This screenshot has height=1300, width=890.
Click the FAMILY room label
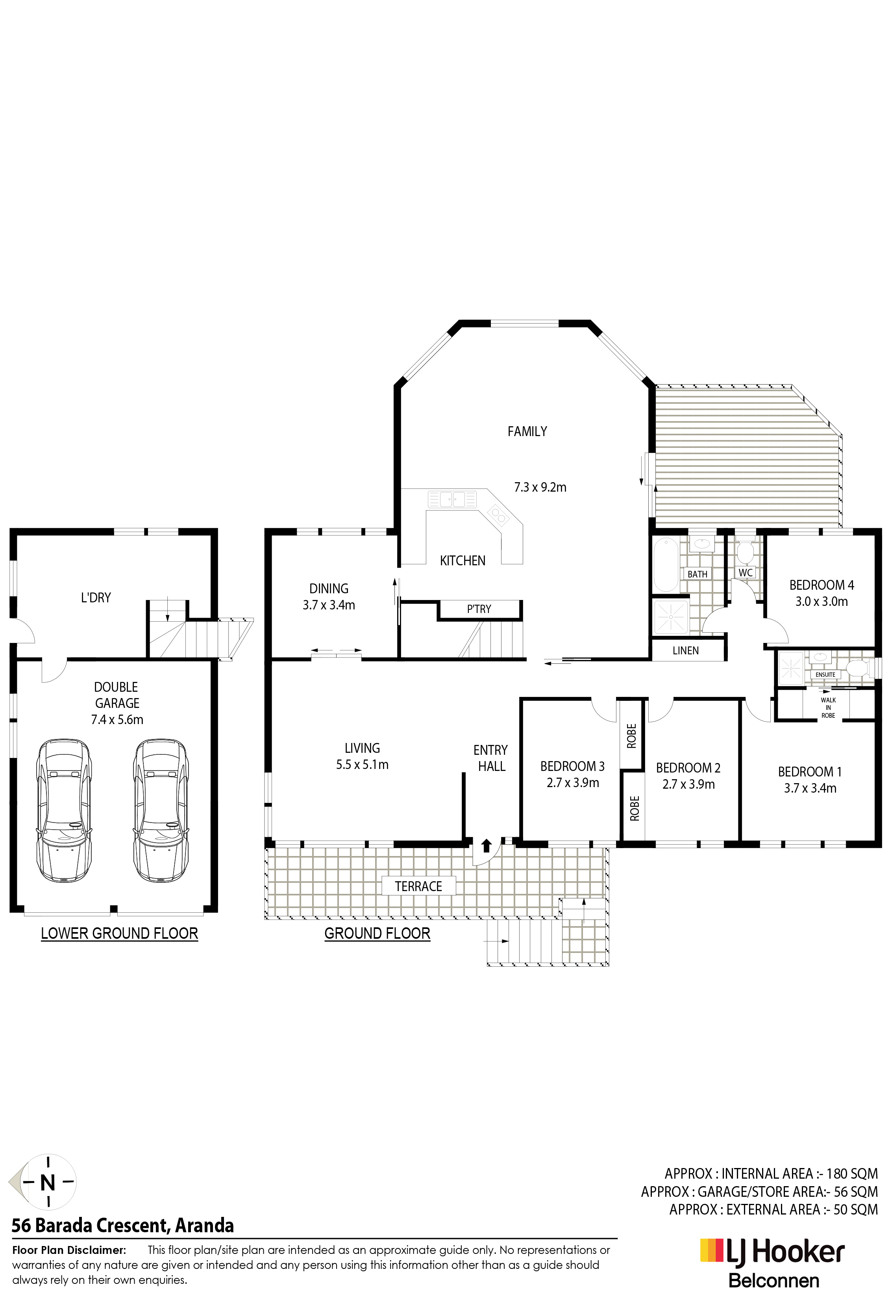[x=527, y=431]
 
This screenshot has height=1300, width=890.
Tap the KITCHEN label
[x=463, y=561]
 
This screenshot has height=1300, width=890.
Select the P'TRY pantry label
[x=479, y=609]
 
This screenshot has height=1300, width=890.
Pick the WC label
[x=746, y=573]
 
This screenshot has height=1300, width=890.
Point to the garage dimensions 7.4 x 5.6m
[x=117, y=719]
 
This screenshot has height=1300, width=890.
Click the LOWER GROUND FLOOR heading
[x=120, y=933]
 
